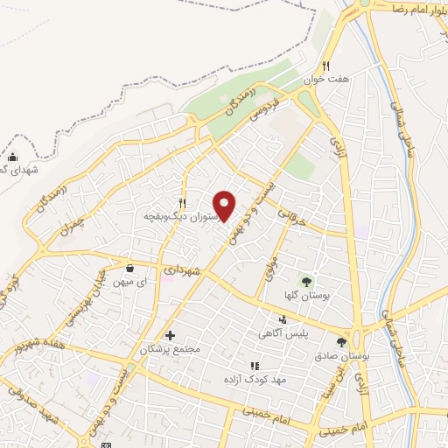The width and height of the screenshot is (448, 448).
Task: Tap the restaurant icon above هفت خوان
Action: pyautogui.click(x=325, y=65)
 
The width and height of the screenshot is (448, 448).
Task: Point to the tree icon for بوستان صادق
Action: pyautogui.click(x=340, y=342)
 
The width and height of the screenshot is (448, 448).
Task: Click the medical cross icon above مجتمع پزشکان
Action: pyautogui.click(x=170, y=335)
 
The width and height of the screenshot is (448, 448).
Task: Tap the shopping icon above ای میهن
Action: pyautogui.click(x=129, y=268)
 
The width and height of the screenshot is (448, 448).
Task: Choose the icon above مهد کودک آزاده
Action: pyautogui.click(x=254, y=366)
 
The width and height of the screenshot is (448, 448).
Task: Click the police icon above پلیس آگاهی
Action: pyautogui.click(x=283, y=319)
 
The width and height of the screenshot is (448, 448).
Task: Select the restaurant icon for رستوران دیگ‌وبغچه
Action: pyautogui.click(x=182, y=201)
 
